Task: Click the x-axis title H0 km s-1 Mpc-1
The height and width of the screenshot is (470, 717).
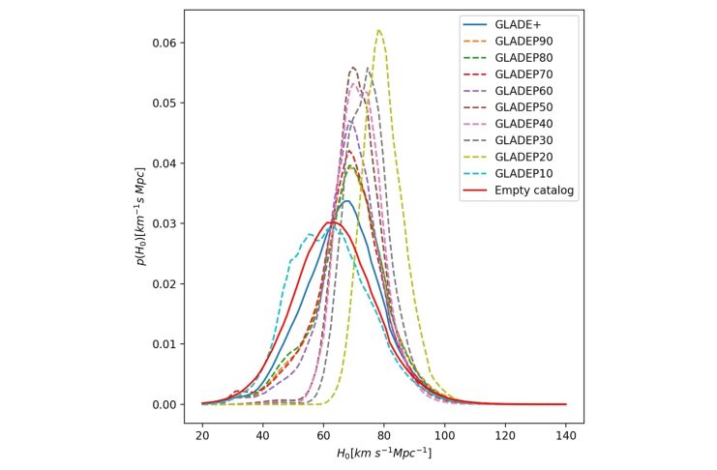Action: pos(383,453)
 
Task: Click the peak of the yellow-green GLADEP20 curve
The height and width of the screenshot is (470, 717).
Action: pos(379,30)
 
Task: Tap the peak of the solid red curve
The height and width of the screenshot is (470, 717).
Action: pos(332,222)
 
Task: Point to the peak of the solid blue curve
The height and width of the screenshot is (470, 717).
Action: pos(346,201)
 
